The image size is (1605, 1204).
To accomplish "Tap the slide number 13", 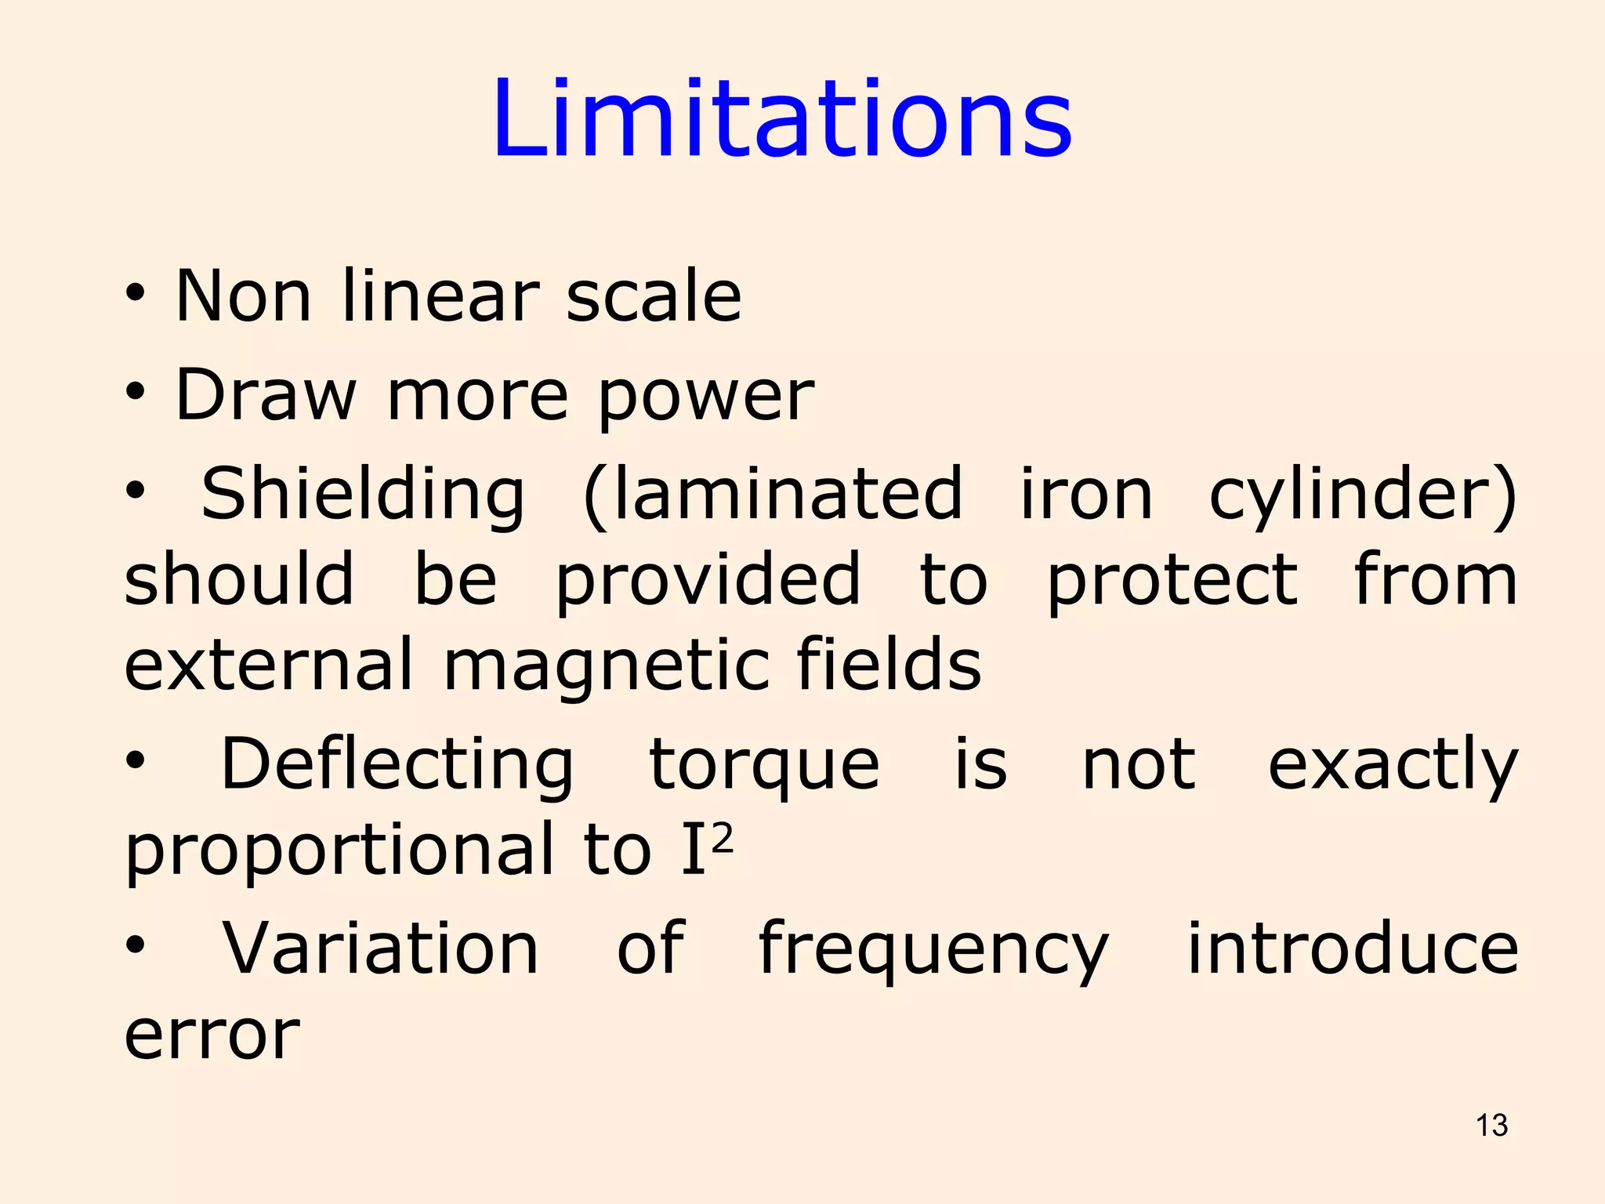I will pyautogui.click(x=1491, y=1126).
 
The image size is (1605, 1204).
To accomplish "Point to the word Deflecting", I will pyautogui.click(x=397, y=765).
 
